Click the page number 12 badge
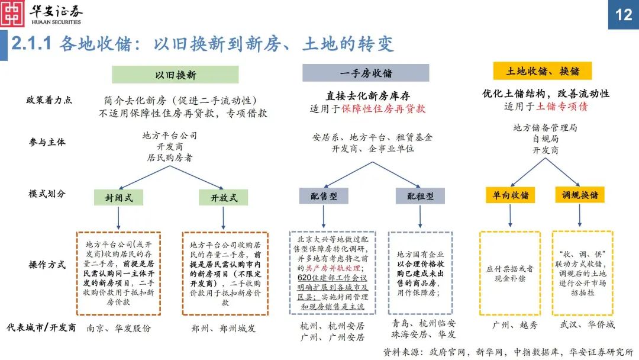pyautogui.click(x=624, y=14)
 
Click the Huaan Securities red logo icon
pyautogui.click(x=12, y=14)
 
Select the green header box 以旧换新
pyautogui.click(x=176, y=75)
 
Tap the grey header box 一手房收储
pyautogui.click(x=366, y=73)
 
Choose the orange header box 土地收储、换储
pyautogui.click(x=543, y=71)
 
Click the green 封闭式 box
pyautogui.click(x=118, y=197)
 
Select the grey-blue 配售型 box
pyautogui.click(x=323, y=197)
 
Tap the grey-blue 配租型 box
pyautogui.click(x=419, y=197)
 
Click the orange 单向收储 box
pyautogui.click(x=510, y=195)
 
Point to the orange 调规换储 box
pyautogui.click(x=579, y=195)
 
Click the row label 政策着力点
pyautogui.click(x=49, y=99)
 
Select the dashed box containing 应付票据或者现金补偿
pyautogui.click(x=509, y=272)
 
